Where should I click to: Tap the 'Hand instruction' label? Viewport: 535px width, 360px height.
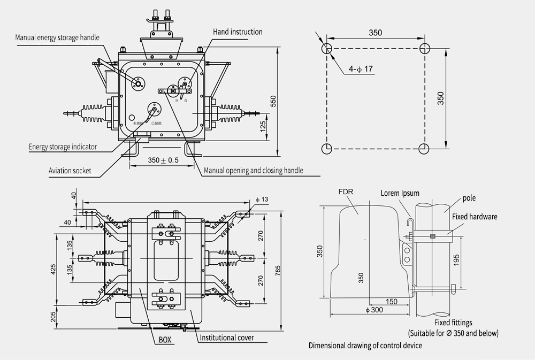point(238,32)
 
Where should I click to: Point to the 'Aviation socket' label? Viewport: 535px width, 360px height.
point(70,171)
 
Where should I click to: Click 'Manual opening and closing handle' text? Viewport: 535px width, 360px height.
point(254,171)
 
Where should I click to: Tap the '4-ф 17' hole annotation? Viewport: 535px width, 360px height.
point(361,70)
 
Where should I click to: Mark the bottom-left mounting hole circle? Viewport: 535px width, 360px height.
point(327,148)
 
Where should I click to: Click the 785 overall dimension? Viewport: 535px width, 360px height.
point(278,271)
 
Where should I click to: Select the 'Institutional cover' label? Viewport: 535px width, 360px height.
point(226,338)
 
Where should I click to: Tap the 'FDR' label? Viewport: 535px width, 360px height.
point(346,190)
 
